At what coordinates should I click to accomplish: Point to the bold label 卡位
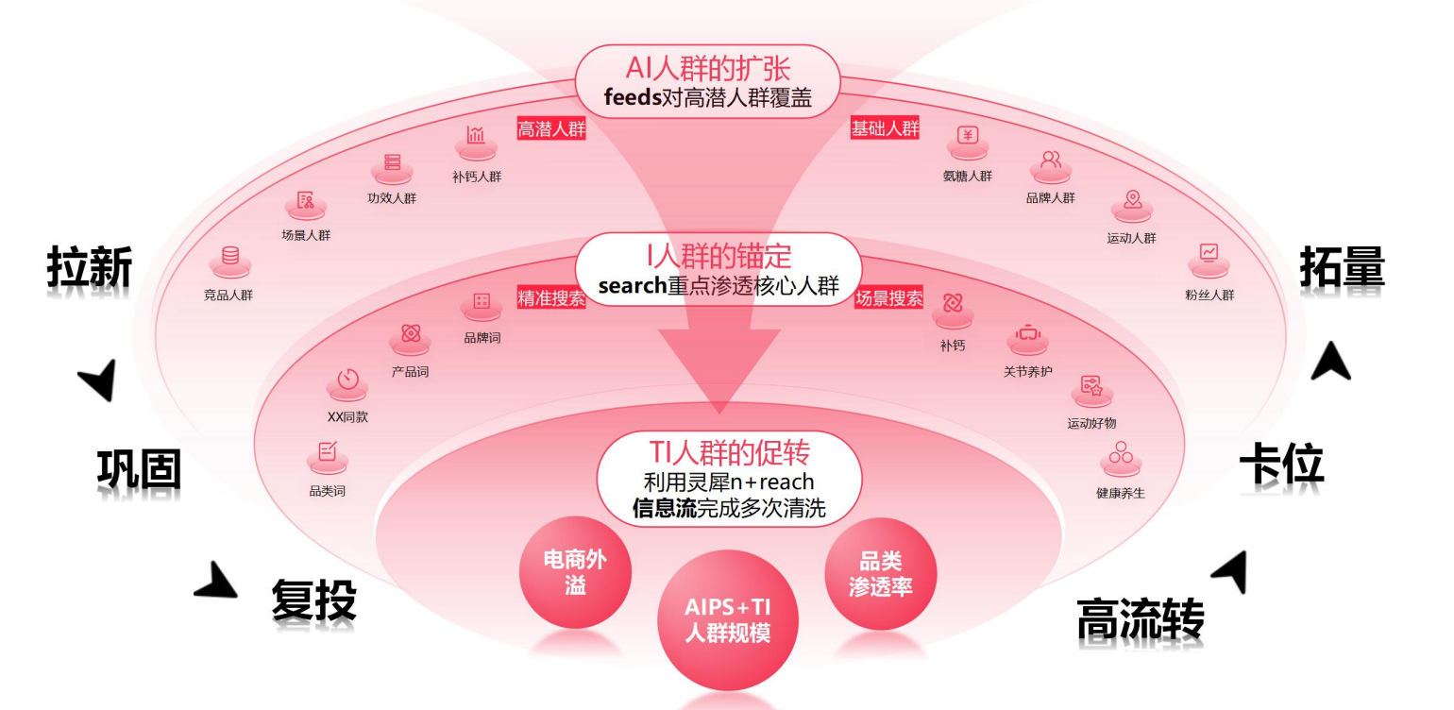[x=1281, y=464]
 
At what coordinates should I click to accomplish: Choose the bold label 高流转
[x=1141, y=619]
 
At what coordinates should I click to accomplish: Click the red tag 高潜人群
[x=551, y=129]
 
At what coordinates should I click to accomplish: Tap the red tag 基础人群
[x=885, y=129]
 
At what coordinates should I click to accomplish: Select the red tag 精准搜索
[x=551, y=298]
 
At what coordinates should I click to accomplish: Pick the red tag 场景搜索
[x=888, y=298]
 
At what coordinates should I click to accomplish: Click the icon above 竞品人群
[x=229, y=257]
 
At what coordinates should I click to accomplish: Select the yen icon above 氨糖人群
[x=967, y=136]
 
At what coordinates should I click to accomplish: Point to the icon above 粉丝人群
[x=1209, y=253]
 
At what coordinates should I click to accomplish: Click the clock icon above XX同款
[x=348, y=380]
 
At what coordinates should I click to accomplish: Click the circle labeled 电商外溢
[x=575, y=572]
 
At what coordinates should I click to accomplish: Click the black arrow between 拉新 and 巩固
[x=99, y=380]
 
